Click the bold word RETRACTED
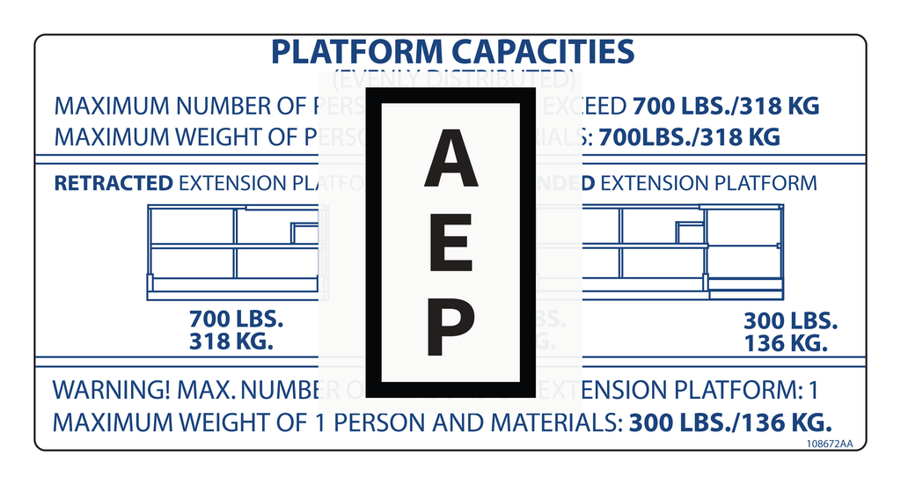pos(114,183)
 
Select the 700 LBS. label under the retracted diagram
pos(236,319)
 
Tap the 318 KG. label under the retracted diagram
pos(231,341)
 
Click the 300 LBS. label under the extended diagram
pos(790,321)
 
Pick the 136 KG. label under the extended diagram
pos(786,343)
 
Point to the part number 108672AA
pos(830,444)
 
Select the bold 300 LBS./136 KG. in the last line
pos(730,422)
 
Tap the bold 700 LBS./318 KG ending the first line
pos(726,107)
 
